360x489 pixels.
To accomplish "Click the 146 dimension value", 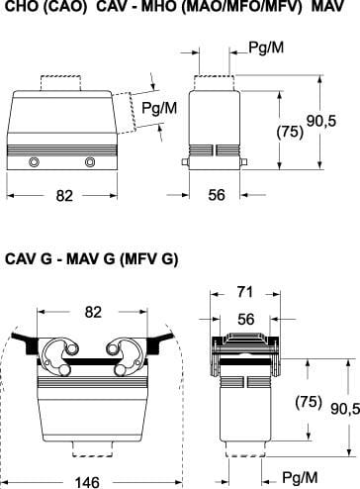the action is [87, 482].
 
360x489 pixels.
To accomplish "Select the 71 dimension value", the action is [245, 292].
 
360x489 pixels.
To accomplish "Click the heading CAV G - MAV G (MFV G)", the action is [92, 259].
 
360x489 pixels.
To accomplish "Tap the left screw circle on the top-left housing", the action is [34, 162].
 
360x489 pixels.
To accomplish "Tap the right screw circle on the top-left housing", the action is [90, 162].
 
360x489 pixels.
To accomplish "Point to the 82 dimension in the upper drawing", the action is [64, 196].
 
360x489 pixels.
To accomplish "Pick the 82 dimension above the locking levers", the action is [93, 312].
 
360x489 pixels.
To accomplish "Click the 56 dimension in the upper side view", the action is [217, 195].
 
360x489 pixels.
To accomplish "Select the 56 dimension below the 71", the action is [246, 319].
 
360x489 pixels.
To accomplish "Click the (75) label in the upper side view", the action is [290, 132].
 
